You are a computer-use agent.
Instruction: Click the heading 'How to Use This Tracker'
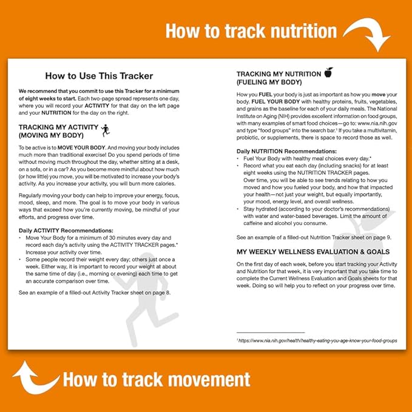coord(99,76)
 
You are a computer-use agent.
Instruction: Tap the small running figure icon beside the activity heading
coord(105,130)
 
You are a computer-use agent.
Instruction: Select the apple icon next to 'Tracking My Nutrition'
coord(328,73)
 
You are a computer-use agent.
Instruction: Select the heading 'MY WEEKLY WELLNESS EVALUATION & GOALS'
coord(313,252)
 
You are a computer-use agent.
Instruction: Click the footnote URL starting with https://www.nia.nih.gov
coord(319,341)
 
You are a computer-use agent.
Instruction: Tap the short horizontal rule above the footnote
coord(271,333)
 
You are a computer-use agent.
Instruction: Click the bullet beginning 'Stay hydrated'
coord(316,214)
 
